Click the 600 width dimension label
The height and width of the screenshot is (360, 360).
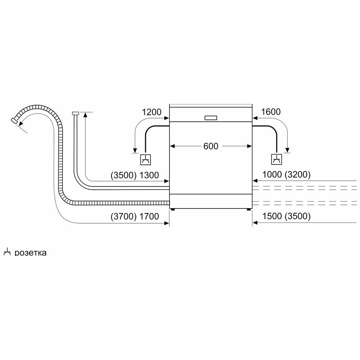[211, 146]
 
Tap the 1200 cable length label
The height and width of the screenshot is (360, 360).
[152, 112]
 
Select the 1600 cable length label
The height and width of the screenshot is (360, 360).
[271, 112]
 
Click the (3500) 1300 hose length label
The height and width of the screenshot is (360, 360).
[135, 175]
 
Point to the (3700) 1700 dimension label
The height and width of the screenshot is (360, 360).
[135, 216]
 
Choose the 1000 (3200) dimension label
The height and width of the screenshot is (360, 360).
[286, 175]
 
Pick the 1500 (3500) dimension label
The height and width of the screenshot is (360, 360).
[286, 216]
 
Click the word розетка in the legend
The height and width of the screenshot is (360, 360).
[31, 253]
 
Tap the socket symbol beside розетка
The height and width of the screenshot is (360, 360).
[7, 252]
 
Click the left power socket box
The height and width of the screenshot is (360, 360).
[145, 159]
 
